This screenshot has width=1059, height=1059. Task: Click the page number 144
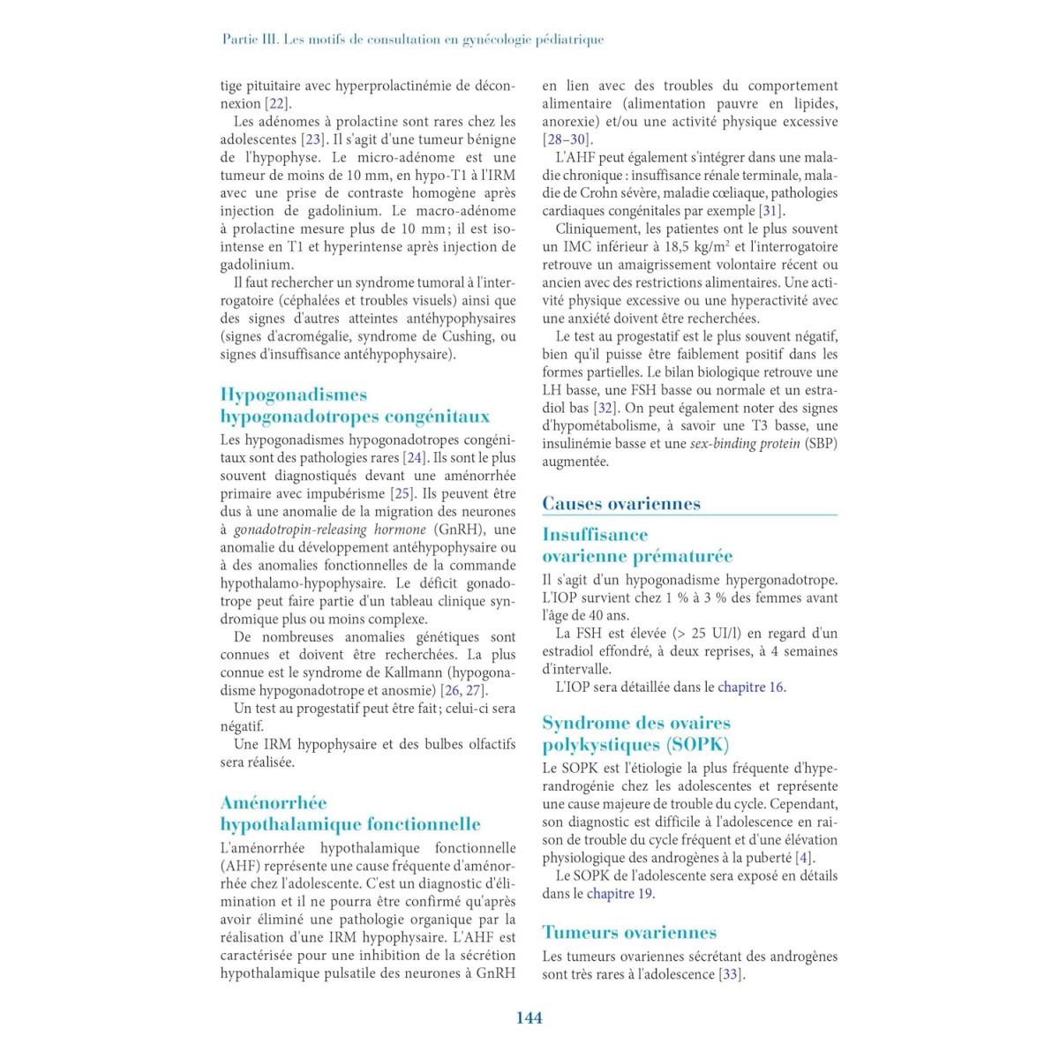[529, 1018]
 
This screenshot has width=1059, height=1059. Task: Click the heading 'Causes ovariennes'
[621, 504]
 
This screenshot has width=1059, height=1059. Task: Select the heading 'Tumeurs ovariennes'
[629, 933]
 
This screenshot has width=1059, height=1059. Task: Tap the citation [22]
[278, 104]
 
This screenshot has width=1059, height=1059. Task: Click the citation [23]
[313, 139]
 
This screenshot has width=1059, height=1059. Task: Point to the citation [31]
[771, 211]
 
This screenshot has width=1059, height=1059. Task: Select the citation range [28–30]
[566, 139]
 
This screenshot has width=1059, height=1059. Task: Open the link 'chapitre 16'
[750, 687]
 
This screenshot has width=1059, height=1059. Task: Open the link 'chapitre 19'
[620, 894]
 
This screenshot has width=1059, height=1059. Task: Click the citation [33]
[731, 974]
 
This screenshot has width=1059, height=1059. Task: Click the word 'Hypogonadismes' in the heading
[293, 394]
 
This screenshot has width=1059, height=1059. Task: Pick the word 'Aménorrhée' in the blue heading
[274, 803]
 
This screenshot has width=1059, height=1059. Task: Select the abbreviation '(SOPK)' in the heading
[698, 745]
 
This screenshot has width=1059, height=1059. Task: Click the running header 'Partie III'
[251, 40]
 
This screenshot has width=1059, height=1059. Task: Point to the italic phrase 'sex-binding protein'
[745, 444]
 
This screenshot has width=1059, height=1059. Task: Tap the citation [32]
[605, 408]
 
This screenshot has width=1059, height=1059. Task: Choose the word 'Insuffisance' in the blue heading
[595, 535]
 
